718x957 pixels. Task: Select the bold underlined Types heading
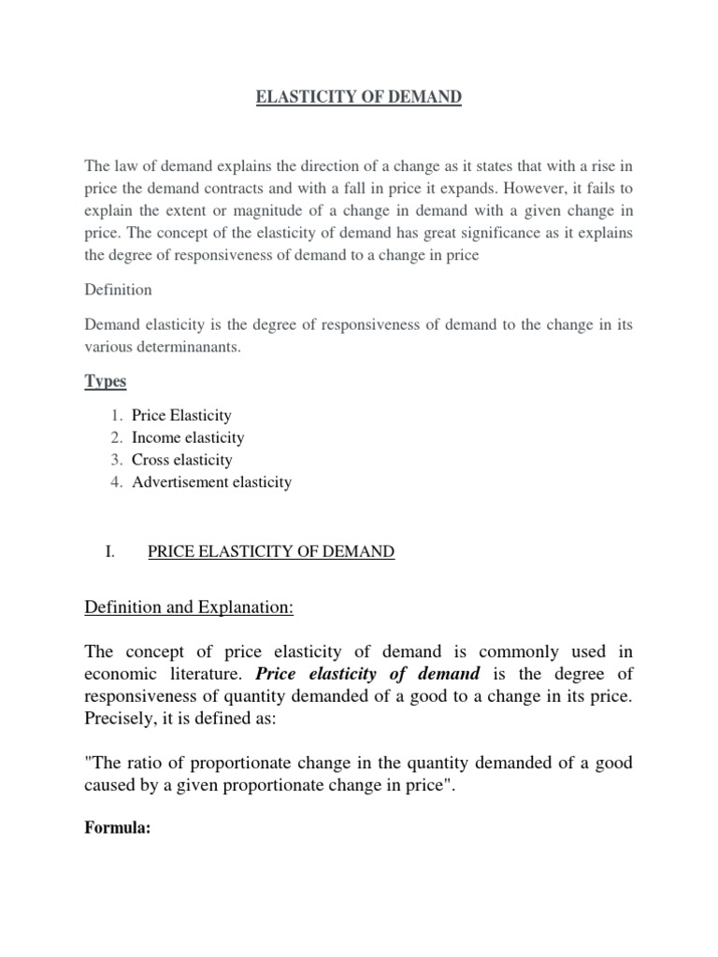[106, 382]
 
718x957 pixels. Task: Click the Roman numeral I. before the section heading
[109, 552]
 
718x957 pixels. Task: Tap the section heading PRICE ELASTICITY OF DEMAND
[271, 552]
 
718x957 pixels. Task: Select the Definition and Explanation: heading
[189, 608]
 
